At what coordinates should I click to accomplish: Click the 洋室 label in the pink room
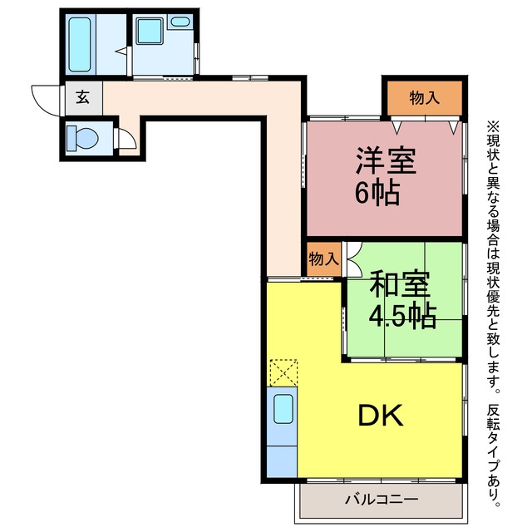pos(386,161)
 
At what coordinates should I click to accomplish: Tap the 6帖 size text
pos(377,193)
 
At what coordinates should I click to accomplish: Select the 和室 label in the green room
pos(400,284)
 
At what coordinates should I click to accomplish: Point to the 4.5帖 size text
pos(402,316)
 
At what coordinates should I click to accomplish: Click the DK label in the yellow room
pos(381,415)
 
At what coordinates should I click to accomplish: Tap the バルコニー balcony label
pos(382,500)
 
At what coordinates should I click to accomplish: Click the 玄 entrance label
pos(83,97)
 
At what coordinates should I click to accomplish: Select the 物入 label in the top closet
pos(425,98)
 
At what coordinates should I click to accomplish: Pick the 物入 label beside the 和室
pos(324,259)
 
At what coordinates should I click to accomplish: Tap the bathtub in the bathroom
pos(80,44)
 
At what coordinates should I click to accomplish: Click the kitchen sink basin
pos(283,409)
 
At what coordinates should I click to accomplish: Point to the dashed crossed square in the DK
pos(283,373)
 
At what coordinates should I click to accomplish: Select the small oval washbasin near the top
pos(180,22)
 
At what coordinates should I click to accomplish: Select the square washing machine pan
pos(150,31)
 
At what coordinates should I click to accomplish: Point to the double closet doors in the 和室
pos(353,259)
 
